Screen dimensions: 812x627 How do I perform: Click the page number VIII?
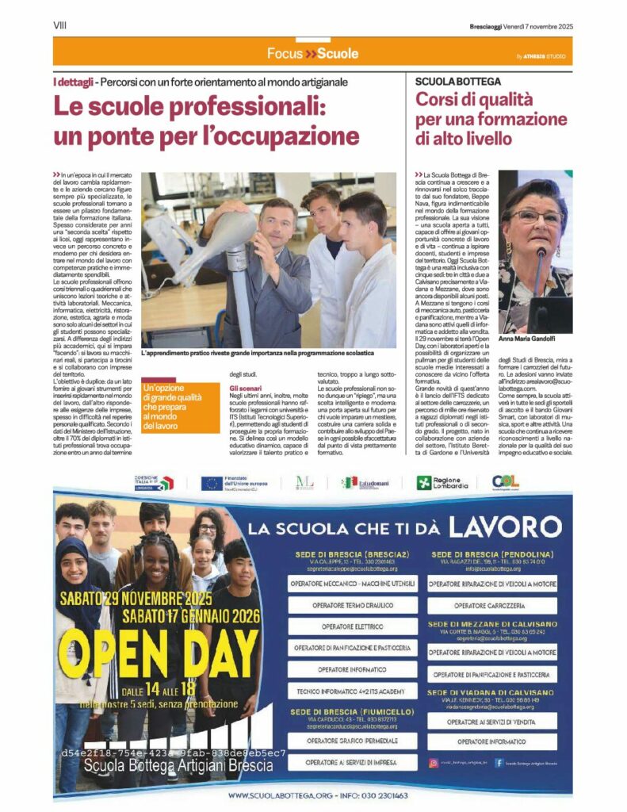[x=59, y=25]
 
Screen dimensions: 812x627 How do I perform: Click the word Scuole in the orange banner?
[x=337, y=54]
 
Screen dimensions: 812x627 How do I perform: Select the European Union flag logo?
[x=211, y=483]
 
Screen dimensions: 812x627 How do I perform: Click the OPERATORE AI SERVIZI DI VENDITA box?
[x=492, y=722]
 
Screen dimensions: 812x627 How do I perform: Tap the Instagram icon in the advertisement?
[x=434, y=763]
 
